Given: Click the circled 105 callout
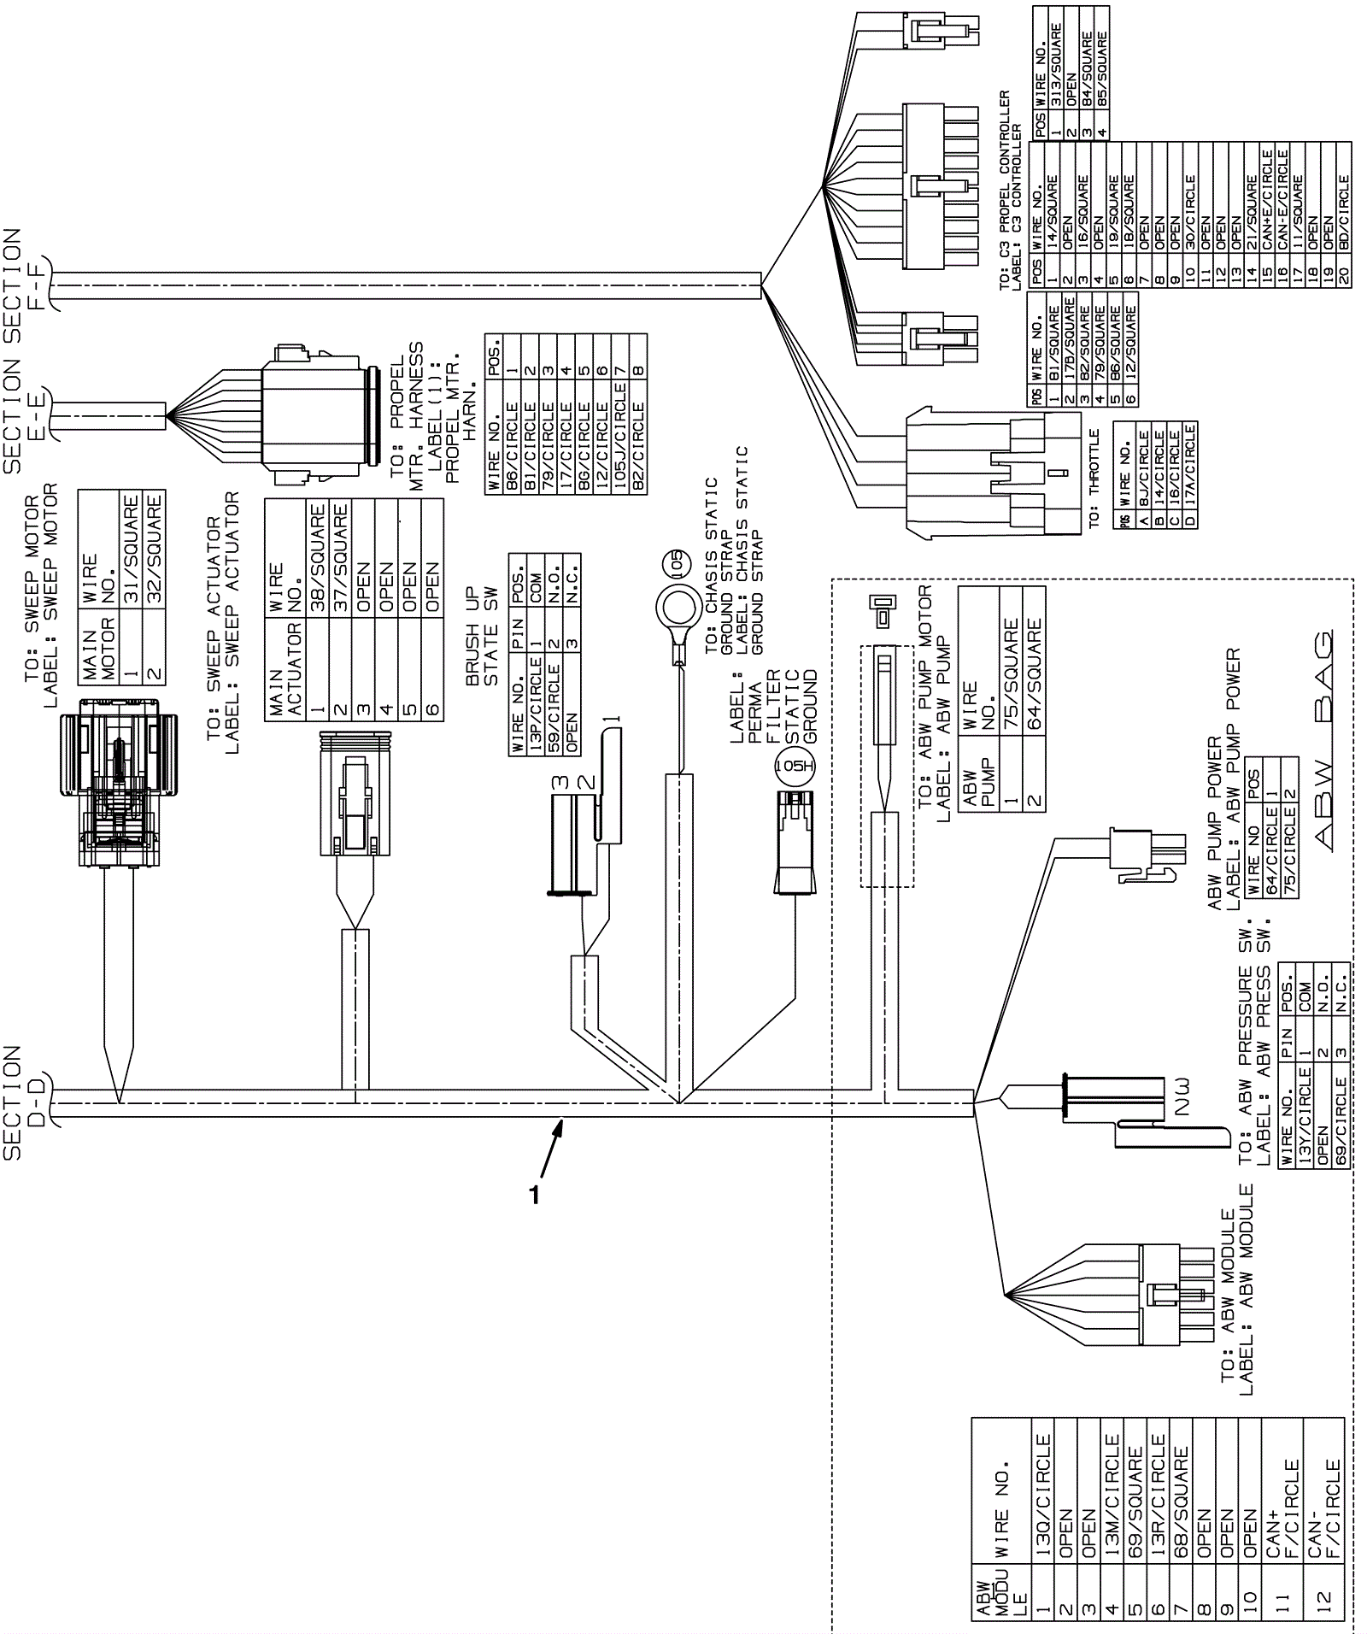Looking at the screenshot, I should click(676, 563).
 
